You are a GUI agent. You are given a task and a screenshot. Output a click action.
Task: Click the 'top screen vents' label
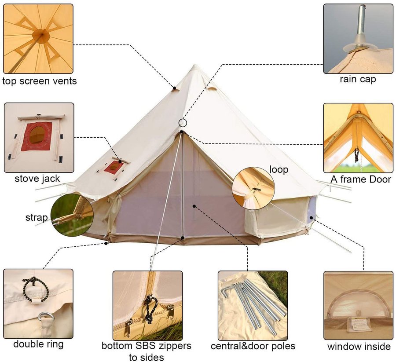(40, 81)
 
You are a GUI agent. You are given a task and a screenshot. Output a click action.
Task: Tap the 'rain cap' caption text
(358, 79)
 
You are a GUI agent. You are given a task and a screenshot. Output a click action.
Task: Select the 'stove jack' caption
(37, 179)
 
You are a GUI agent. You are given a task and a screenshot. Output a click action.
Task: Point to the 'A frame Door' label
(361, 179)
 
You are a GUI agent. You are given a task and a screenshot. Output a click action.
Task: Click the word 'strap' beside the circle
(37, 218)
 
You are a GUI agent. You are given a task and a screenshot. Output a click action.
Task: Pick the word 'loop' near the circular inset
(279, 169)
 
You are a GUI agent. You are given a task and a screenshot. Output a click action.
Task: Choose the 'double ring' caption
(38, 344)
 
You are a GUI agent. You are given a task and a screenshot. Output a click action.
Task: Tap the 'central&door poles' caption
(253, 346)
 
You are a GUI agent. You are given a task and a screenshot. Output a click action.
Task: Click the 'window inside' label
(359, 346)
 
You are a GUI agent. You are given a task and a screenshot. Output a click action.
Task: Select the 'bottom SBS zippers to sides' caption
(147, 351)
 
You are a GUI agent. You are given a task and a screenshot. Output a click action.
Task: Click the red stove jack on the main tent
(114, 167)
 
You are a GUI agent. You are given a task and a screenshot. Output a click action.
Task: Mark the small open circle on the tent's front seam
(183, 123)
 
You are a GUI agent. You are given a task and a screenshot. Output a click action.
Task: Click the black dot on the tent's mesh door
(194, 206)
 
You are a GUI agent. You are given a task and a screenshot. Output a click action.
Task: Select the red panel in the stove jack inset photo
(37, 136)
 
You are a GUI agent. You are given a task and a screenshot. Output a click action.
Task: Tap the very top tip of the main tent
(195, 65)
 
